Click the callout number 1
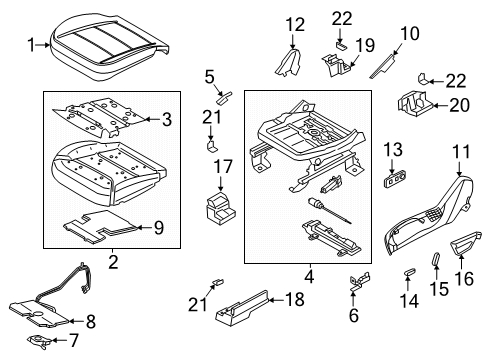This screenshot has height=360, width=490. click(x=31, y=43)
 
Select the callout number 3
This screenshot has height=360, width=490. click(x=167, y=120)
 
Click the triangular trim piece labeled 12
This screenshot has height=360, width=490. click(x=291, y=66)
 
